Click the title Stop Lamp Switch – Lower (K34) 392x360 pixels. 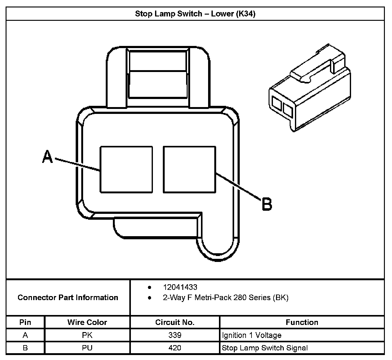click(x=195, y=14)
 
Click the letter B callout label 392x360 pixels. click(x=267, y=204)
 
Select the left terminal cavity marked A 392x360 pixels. click(x=126, y=169)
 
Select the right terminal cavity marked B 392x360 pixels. click(x=189, y=169)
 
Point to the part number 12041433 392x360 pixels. click(x=180, y=287)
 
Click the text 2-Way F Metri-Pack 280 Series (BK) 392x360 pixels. click(x=225, y=298)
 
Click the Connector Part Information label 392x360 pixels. click(x=68, y=298)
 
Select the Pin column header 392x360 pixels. click(x=25, y=322)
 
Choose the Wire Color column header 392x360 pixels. click(x=87, y=322)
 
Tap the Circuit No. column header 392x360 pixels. click(x=175, y=322)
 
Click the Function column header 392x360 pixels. click(x=302, y=322)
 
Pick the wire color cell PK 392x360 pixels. click(x=87, y=335)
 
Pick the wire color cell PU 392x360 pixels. click(x=87, y=348)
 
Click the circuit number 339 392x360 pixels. click(x=175, y=335)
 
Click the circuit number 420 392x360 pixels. click(x=175, y=348)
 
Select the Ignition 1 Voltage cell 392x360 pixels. click(x=252, y=335)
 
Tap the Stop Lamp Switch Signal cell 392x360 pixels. click(x=265, y=348)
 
